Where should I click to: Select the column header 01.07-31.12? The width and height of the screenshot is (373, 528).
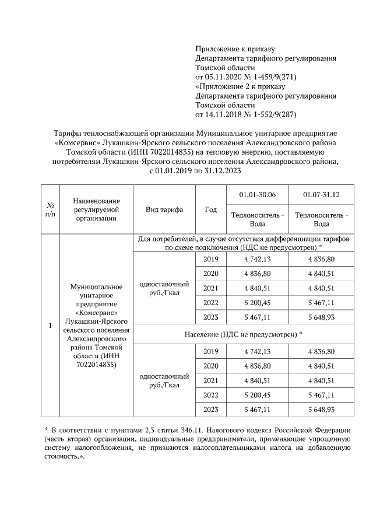tap(321, 194)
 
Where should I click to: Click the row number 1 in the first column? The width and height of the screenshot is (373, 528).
tap(51, 325)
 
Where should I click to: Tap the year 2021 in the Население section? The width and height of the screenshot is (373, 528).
tap(212, 380)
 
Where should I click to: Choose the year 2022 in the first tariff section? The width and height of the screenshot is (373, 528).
tap(212, 303)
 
